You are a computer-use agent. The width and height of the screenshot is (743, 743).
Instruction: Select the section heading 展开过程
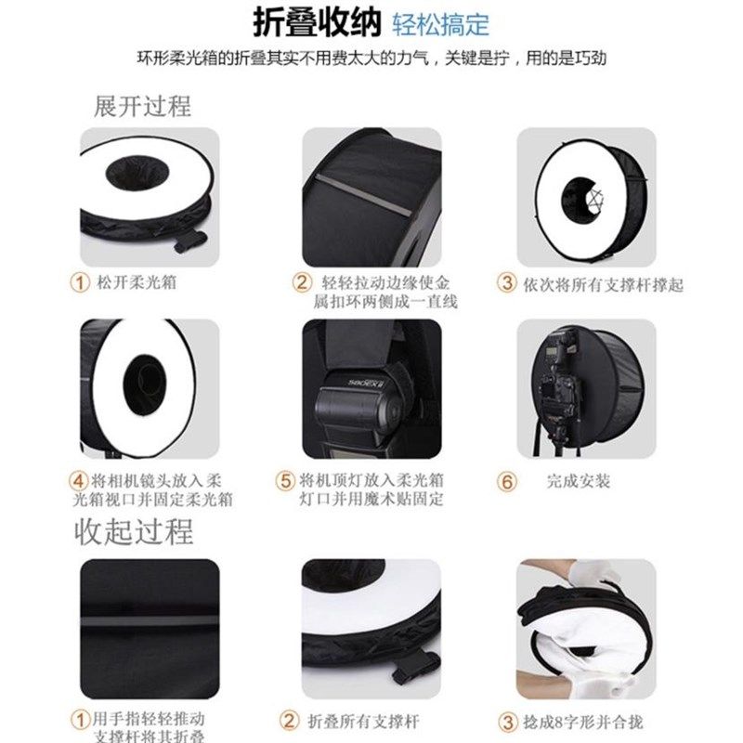142,106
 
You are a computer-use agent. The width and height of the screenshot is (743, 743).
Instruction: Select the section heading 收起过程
134,532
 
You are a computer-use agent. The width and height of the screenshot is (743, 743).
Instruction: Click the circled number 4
81,481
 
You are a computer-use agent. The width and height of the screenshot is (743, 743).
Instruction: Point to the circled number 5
285,481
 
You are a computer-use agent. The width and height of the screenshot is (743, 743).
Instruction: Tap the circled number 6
506,481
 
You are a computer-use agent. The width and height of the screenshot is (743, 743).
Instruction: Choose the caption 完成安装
579,481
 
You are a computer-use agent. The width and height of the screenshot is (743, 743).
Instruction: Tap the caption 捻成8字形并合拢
583,721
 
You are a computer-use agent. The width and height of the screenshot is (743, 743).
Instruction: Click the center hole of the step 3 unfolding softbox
589,193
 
